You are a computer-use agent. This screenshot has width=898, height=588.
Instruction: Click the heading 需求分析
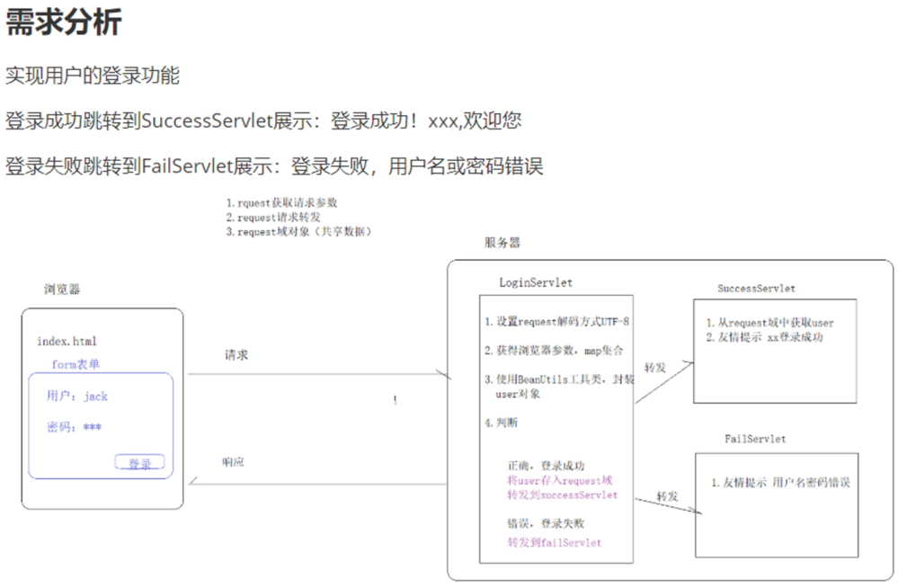pos(63,22)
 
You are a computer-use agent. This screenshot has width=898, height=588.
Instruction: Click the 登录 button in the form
pos(139,463)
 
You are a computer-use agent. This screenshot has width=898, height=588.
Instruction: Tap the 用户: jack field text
pos(77,396)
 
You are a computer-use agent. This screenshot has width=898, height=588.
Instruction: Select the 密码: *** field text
pos(74,427)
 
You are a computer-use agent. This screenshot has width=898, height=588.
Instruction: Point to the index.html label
pos(67,342)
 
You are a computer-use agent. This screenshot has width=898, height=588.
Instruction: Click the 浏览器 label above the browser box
pos(62,290)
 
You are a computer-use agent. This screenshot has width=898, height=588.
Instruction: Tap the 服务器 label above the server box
pos(502,243)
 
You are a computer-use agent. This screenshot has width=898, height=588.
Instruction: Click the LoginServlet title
pos(536,282)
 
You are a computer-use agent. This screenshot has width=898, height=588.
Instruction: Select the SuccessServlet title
pos(756,289)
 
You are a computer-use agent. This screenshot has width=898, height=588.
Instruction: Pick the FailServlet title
pos(755,439)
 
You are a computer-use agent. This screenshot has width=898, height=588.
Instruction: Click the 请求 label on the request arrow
pos(236,355)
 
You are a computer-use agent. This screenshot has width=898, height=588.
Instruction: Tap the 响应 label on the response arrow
pos(233,462)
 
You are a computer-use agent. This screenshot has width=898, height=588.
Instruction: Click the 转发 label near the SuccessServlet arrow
pos(655,368)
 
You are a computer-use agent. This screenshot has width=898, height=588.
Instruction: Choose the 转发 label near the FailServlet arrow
pos(667,496)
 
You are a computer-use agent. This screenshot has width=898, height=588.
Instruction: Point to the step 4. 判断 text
pos(501,423)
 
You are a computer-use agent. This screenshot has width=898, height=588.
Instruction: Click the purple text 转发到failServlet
pos(554,542)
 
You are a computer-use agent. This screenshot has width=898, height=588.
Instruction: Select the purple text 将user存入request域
pos(559,481)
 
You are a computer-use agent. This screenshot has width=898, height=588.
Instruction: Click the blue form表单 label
pos(76,364)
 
